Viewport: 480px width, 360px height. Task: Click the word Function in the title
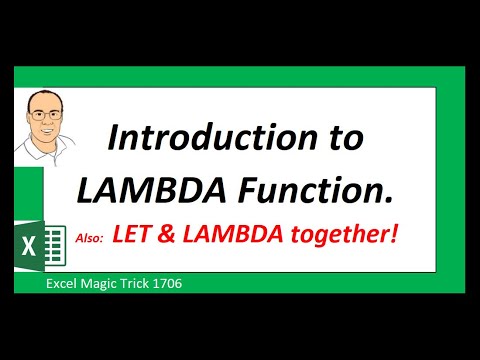320,187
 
